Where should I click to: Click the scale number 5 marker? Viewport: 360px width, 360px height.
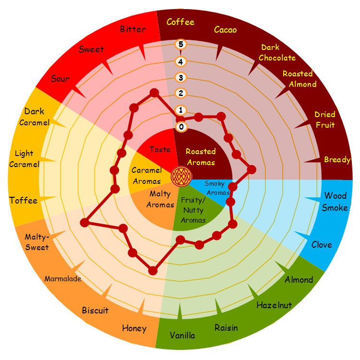click(x=181, y=44)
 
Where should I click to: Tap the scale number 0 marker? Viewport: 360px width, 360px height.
click(x=181, y=127)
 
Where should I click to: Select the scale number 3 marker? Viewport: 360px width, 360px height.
click(x=181, y=78)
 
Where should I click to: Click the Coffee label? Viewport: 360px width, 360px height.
click(x=180, y=22)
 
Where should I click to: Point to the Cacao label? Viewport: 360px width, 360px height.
click(x=225, y=30)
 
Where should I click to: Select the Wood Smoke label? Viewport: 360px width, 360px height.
click(x=335, y=202)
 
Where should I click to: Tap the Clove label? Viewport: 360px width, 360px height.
click(x=322, y=245)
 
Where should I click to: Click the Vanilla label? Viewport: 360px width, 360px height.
click(x=182, y=336)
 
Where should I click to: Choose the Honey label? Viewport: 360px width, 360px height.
click(x=134, y=328)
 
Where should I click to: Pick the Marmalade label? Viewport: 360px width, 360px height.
click(x=63, y=279)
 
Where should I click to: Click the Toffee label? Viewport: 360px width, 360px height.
click(x=24, y=201)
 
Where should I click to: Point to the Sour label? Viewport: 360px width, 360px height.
click(x=60, y=79)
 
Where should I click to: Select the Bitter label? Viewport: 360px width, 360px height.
click(x=133, y=29)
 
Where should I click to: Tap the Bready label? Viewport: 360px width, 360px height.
click(x=337, y=160)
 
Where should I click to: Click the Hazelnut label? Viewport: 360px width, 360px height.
click(x=274, y=305)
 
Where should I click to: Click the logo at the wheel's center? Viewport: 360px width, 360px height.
click(x=181, y=177)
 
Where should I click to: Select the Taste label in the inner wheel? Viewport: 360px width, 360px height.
click(x=160, y=149)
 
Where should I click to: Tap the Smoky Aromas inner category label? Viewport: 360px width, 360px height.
click(x=216, y=188)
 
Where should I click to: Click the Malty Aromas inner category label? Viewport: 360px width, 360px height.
click(x=160, y=199)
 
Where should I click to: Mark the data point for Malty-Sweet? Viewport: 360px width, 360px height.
click(x=84, y=223)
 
